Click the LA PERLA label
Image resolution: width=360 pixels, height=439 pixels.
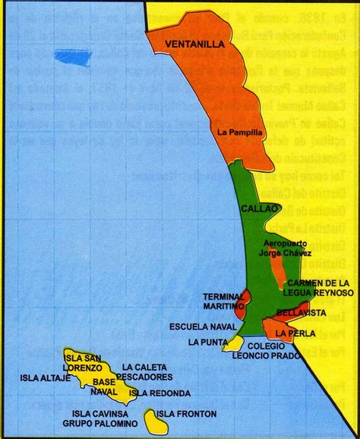[291, 333]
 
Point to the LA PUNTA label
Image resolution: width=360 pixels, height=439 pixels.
[208, 343]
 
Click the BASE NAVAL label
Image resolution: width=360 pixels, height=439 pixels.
[103, 386]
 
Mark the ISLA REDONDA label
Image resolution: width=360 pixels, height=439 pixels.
[159, 393]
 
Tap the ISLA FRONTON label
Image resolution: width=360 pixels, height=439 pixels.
[185, 414]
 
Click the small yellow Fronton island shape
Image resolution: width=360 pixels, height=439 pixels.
[150, 418]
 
